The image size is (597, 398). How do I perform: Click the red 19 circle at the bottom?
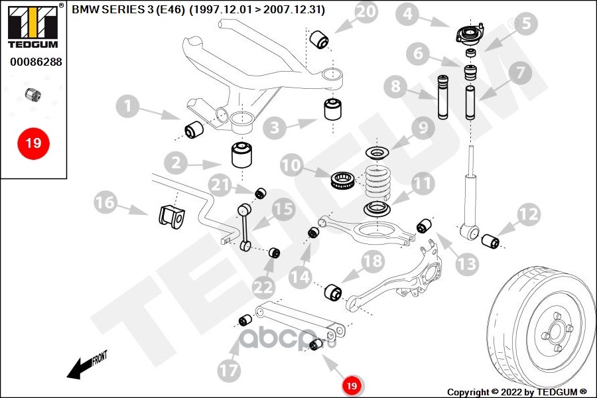click(x=352, y=385)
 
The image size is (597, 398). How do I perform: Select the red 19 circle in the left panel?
click(x=33, y=143)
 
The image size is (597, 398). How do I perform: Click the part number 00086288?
click(x=35, y=62)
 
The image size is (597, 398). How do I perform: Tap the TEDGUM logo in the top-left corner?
click(x=33, y=25)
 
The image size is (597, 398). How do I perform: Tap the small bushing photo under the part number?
click(x=33, y=94)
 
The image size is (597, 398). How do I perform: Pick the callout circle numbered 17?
click(x=230, y=370)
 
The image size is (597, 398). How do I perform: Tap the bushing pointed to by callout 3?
click(x=333, y=109)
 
